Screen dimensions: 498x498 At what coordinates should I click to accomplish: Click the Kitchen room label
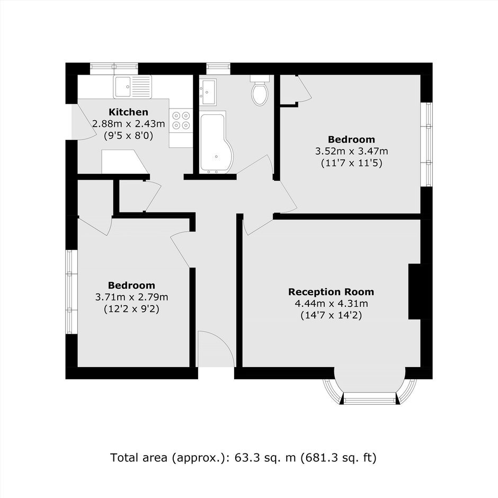128,112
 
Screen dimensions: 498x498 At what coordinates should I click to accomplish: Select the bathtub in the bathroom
216,143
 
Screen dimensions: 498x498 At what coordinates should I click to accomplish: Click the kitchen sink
132,87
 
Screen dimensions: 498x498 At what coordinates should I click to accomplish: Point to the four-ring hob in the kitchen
181,120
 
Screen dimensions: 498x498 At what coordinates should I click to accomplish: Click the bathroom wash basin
208,92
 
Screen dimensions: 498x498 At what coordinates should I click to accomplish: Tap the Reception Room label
331,292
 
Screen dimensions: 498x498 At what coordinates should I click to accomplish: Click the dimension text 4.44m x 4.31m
331,304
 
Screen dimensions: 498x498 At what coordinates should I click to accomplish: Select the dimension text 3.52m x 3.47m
351,151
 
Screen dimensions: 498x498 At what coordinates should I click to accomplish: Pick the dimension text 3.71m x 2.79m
131,297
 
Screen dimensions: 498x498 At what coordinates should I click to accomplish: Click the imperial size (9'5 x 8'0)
128,136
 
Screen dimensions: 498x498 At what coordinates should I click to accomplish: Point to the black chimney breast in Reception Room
414,291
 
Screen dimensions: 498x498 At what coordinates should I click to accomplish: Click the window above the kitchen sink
114,68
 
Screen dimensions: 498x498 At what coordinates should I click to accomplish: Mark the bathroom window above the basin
218,68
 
